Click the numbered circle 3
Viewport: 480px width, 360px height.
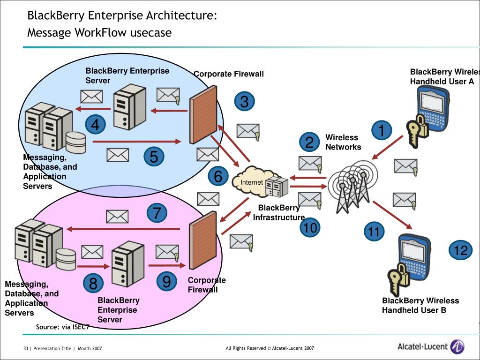pos(244,102)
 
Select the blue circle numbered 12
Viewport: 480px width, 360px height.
pos(461,250)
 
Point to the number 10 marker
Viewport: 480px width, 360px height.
pos(309,228)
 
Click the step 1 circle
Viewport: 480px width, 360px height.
pos(382,131)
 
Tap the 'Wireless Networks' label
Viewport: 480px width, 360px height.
pos(343,142)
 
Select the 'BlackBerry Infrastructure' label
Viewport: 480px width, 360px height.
pos(279,213)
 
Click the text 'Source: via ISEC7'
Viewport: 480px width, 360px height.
pos(62,327)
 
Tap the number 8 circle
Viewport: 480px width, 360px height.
pos(93,283)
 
